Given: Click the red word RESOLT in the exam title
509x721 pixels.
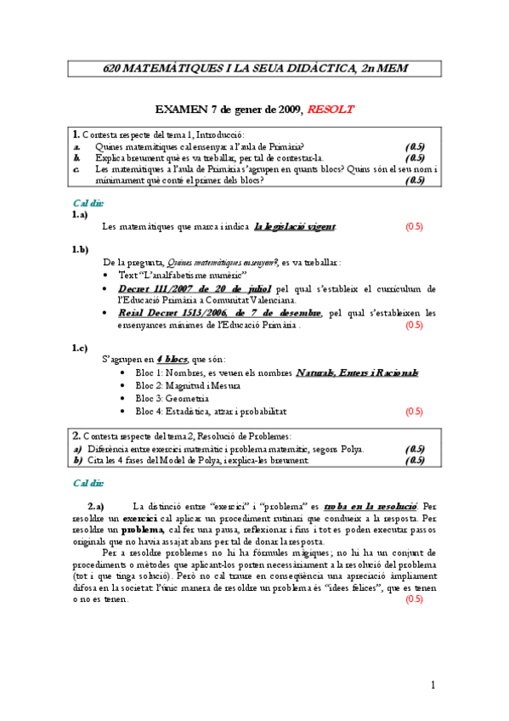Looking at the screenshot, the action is (331, 110).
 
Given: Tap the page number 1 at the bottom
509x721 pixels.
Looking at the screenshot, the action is (433, 684).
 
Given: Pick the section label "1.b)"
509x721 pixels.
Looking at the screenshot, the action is (80, 249).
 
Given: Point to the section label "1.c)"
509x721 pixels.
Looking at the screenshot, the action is (80, 348).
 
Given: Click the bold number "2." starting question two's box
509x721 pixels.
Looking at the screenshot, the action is (76, 434).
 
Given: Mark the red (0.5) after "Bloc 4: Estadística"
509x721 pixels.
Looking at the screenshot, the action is (414, 412).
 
